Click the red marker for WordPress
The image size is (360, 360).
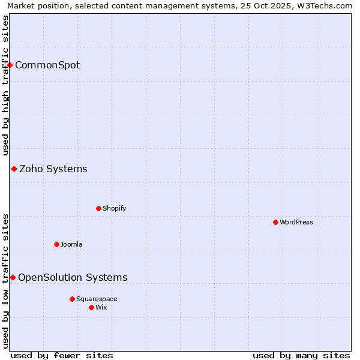[x=275, y=222]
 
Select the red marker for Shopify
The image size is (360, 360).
[x=98, y=208]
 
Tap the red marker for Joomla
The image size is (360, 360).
[x=56, y=244]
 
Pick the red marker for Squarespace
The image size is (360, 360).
[x=72, y=299]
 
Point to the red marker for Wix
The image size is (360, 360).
[x=91, y=307]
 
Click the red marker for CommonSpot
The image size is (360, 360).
[x=10, y=65]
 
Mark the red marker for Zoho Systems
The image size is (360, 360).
[x=14, y=169]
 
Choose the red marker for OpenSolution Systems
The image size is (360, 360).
[x=13, y=277]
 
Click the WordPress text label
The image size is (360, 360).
[x=296, y=222]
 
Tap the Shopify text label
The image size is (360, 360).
[x=114, y=208]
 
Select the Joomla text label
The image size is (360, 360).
[x=71, y=244]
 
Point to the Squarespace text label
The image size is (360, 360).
[x=97, y=299]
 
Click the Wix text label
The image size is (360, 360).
[x=101, y=307]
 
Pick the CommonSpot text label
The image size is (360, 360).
[x=47, y=65]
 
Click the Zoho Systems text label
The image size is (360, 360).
[x=53, y=169]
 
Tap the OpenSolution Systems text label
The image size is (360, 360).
[x=73, y=277]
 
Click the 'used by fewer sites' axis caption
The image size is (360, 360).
[x=62, y=355]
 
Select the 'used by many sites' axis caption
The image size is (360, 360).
[x=301, y=355]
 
